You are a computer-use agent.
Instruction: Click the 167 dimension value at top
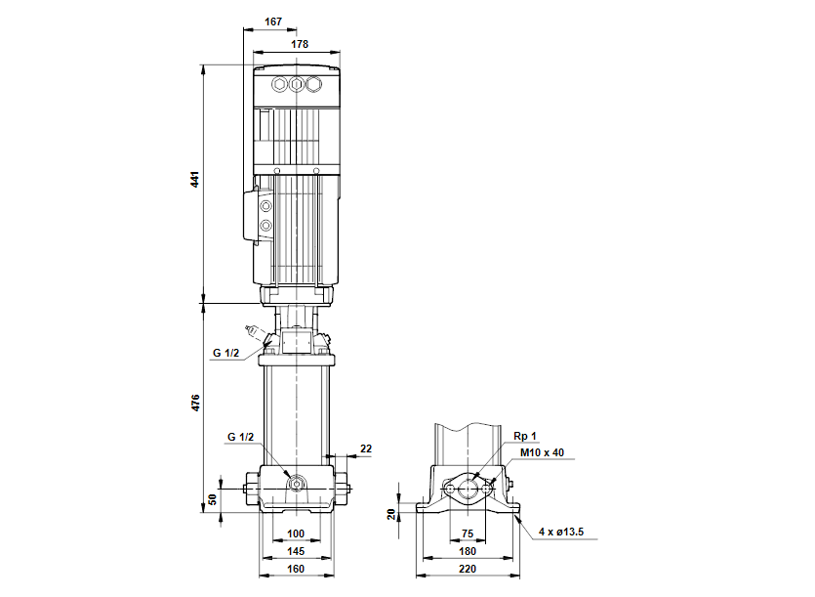[273, 21]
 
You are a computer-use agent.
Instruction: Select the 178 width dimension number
[300, 44]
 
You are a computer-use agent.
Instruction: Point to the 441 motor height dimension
[195, 179]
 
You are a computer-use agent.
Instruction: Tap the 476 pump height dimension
[195, 403]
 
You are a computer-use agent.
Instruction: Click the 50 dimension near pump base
[212, 499]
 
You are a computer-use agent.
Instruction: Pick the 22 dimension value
[366, 448]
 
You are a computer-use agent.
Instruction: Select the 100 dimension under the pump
[295, 533]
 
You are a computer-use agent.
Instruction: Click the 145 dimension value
[295, 551]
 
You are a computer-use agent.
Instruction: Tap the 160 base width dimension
[295, 569]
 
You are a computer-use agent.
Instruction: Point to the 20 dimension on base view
[391, 514]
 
